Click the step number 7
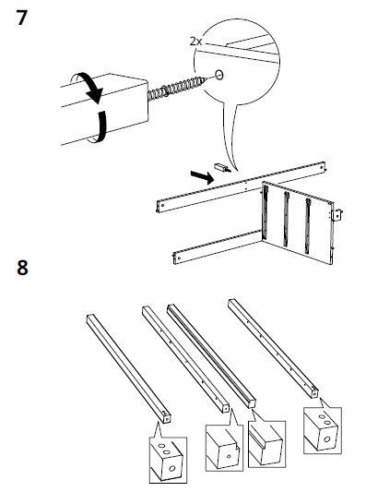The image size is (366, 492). (21, 18)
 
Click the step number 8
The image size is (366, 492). (22, 268)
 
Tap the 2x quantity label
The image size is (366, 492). (195, 42)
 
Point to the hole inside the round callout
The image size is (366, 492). (218, 75)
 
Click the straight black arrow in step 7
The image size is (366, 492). (203, 177)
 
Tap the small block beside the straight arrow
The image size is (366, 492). (222, 167)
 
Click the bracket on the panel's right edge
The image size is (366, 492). (337, 215)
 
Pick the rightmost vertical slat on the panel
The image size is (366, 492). (308, 225)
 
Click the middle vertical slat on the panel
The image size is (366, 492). (286, 219)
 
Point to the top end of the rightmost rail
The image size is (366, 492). (232, 302)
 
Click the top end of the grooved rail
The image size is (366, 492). (171, 306)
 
